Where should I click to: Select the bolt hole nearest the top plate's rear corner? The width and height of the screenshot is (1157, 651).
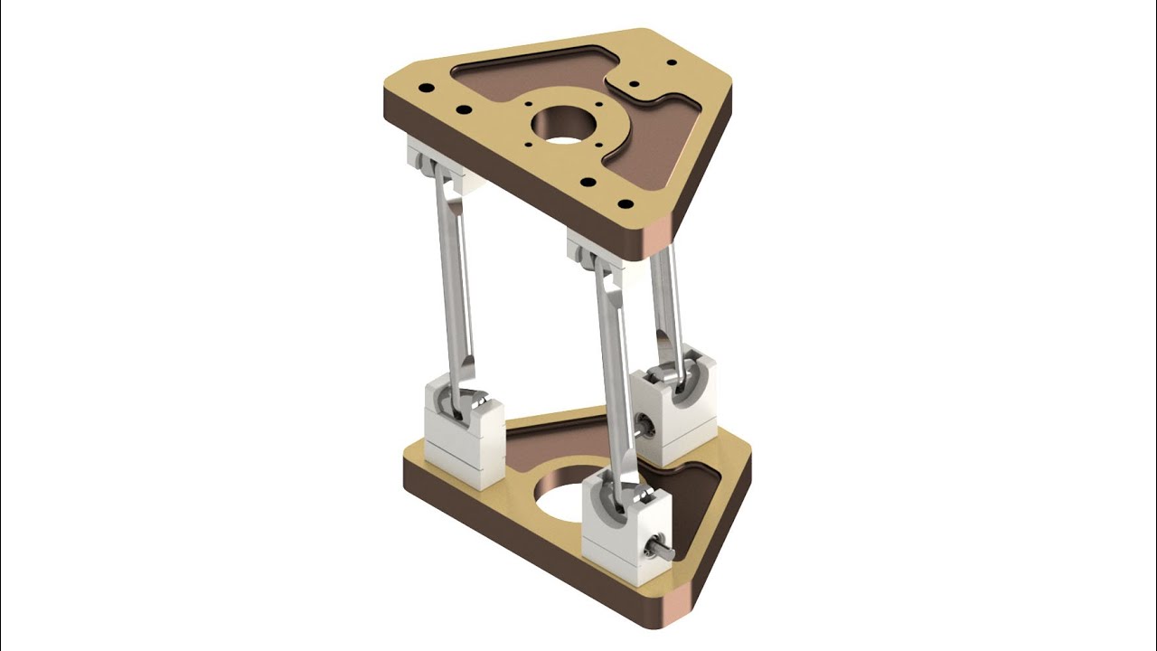pyautogui.click(x=671, y=62)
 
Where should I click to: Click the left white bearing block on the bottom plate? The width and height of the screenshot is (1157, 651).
pyautogui.click(x=463, y=434)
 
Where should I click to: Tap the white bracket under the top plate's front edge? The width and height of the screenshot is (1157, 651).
pyautogui.click(x=592, y=249)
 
